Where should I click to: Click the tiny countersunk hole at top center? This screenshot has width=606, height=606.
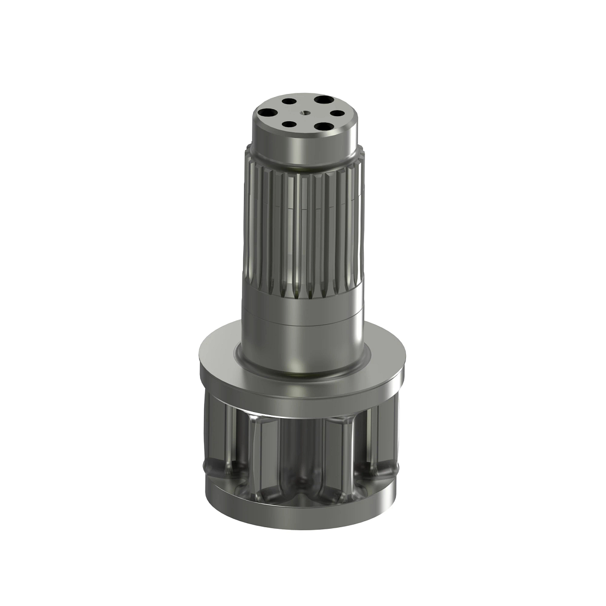(x=305, y=113)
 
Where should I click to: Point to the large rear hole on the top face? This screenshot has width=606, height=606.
(x=321, y=100)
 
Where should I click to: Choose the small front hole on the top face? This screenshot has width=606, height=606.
(x=288, y=124)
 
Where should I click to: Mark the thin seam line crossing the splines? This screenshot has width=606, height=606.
(x=303, y=207)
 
